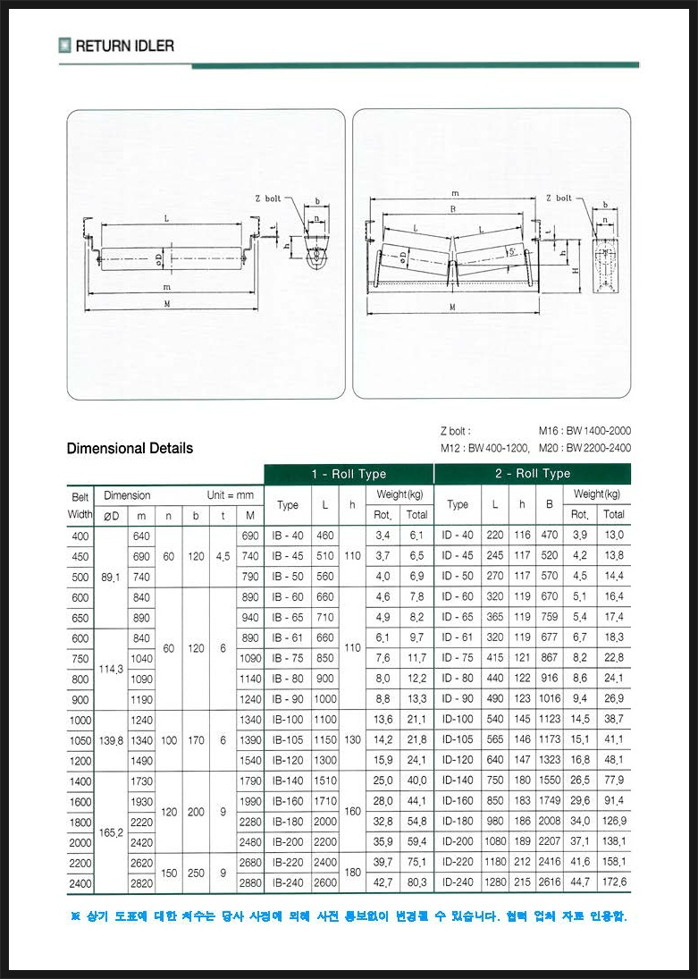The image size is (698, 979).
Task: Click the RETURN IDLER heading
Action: pyautogui.click(x=124, y=46)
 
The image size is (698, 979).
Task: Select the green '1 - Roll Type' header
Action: pyautogui.click(x=349, y=474)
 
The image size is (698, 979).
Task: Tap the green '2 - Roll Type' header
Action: pyautogui.click(x=532, y=474)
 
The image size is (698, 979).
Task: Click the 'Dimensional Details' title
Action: pyautogui.click(x=130, y=448)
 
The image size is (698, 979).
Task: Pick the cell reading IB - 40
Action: pyautogui.click(x=288, y=535)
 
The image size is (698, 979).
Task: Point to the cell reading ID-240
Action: pyautogui.click(x=458, y=882)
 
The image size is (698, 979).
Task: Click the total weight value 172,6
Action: pyautogui.click(x=613, y=882)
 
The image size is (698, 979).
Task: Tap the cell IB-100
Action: pyautogui.click(x=288, y=720)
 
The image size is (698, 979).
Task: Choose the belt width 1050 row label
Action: pyautogui.click(x=80, y=740)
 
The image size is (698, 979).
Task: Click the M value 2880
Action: pyautogui.click(x=250, y=882)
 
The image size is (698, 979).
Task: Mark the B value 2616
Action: pyautogui.click(x=550, y=882)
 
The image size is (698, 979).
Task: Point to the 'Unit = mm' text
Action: pyautogui.click(x=231, y=495)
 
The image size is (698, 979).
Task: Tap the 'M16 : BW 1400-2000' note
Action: pyautogui.click(x=584, y=431)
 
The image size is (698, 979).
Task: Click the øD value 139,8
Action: pyautogui.click(x=111, y=740)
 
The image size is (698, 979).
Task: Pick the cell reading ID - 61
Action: pyautogui.click(x=458, y=637)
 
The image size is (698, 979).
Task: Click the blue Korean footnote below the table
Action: pyautogui.click(x=349, y=916)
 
